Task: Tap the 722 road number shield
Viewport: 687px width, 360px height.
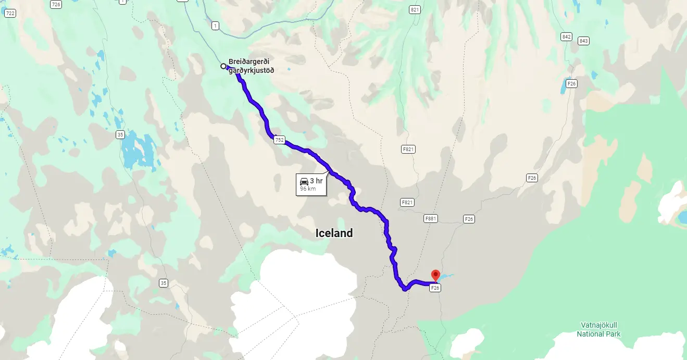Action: point(10,14)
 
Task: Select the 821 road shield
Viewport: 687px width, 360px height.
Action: point(415,10)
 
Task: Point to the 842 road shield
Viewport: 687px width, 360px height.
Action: point(567,36)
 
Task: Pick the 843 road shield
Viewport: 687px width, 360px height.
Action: point(583,41)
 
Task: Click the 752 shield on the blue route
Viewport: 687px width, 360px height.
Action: point(279,140)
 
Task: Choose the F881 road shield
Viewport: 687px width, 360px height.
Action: point(430,219)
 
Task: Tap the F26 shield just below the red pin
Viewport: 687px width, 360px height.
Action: point(435,288)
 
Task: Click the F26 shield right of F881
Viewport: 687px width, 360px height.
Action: point(469,219)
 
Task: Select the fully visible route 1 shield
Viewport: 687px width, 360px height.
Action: point(215,25)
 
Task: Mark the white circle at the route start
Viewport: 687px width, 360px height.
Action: point(223,66)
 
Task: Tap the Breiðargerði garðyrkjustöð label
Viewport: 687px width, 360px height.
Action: point(251,66)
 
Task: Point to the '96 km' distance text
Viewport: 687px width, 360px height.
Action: point(308,189)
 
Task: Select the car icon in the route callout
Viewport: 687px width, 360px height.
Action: point(304,181)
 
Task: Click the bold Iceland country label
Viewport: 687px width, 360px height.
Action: point(334,233)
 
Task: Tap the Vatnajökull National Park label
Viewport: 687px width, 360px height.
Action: point(601,329)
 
